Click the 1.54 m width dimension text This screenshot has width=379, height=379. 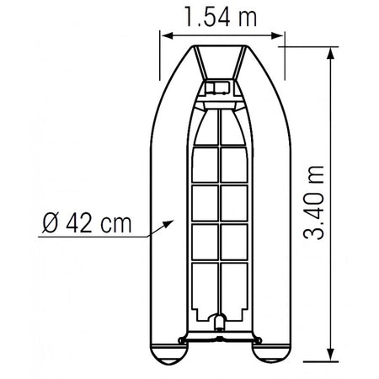pyautogui.click(x=221, y=17)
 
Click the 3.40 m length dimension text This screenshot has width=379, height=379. pyautogui.click(x=314, y=203)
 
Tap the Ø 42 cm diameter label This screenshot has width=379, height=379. pyautogui.click(x=87, y=223)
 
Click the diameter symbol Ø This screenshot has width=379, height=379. pyautogui.click(x=51, y=223)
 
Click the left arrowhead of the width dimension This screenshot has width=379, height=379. pyautogui.click(x=167, y=35)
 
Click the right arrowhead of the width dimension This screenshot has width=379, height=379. pyautogui.click(x=277, y=35)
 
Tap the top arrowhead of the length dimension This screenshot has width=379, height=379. pyautogui.click(x=331, y=53)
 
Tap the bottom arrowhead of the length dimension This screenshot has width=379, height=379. pyautogui.click(x=331, y=355)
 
